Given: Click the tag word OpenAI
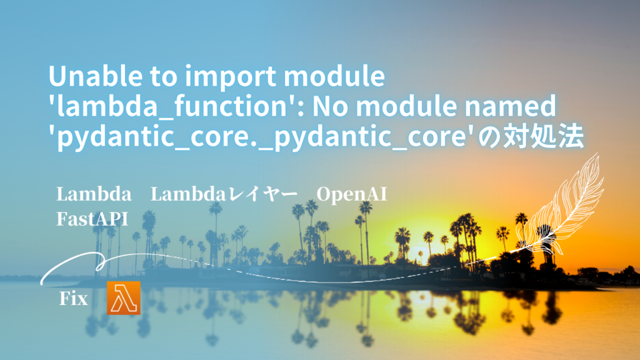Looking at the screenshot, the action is (x=351, y=195).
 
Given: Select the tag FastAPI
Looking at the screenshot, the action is (x=92, y=219).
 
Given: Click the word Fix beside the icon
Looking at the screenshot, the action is (x=74, y=299).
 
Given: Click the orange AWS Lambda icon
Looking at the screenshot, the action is (x=124, y=298).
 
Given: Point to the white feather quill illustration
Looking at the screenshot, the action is (x=561, y=204).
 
